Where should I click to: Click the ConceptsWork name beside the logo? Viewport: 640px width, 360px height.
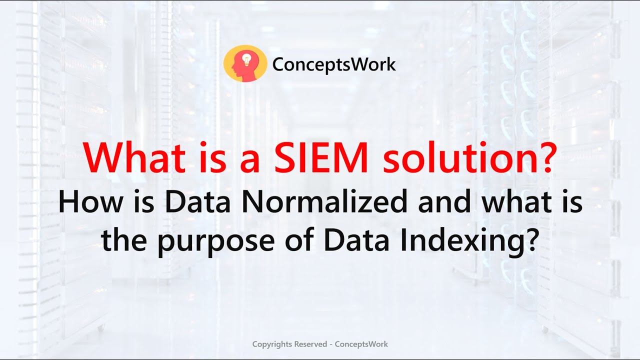tap(334, 64)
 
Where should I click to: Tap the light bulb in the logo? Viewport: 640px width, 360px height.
tap(246, 58)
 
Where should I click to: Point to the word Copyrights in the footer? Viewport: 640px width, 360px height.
tap(272, 344)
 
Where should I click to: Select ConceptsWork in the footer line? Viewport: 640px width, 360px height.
tap(361, 344)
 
